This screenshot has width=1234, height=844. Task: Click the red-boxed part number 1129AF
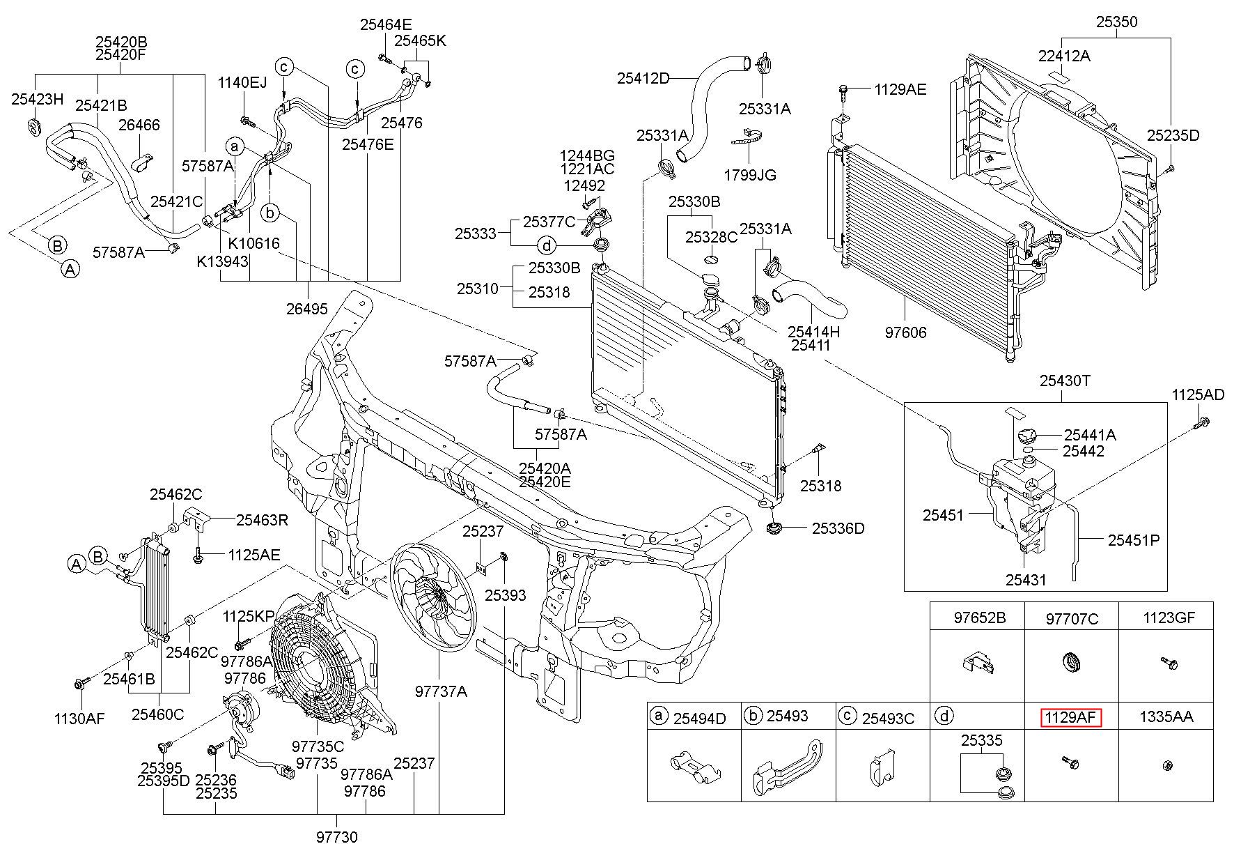pos(1071,717)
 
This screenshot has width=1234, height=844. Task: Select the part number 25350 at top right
pos(1116,22)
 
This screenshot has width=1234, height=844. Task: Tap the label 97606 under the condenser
pos(905,332)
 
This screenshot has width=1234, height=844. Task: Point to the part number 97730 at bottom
pos(336,836)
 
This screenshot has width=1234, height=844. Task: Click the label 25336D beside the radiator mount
pos(838,529)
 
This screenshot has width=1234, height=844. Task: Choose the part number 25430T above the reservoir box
pos(1065,381)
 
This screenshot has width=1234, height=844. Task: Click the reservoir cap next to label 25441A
pos(1026,436)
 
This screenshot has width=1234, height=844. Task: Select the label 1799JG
pos(749,175)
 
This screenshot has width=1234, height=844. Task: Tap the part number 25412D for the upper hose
pos(642,79)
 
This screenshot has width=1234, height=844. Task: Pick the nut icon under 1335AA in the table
pos(1166,766)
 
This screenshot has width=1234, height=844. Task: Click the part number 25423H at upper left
pos(37,99)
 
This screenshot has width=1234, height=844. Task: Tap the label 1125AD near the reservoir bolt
pos(1197,395)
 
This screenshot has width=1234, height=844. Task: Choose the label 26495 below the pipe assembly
pos(306,308)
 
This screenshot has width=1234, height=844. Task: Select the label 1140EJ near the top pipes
pos(242,84)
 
